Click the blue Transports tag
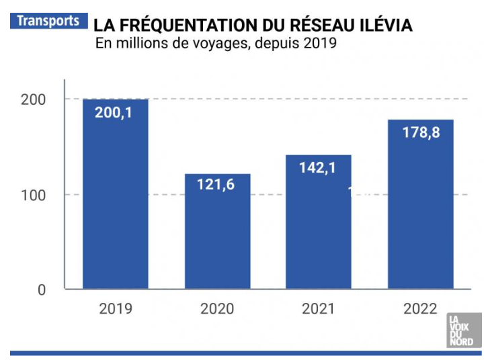48,20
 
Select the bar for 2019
115,201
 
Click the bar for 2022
420,208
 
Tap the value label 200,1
114,113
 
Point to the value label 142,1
317,168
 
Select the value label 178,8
421,132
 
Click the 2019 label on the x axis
116,309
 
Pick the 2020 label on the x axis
217,309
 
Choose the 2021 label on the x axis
319,309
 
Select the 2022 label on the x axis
420,309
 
